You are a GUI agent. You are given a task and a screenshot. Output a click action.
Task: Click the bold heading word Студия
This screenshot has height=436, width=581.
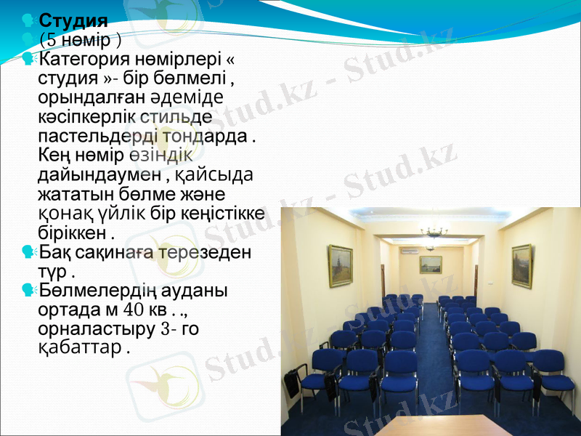[x=73, y=20]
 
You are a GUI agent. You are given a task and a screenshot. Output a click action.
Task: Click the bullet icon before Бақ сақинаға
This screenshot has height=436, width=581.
[x=28, y=251]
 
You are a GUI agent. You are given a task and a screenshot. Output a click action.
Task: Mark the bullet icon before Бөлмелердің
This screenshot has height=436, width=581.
[x=28, y=290]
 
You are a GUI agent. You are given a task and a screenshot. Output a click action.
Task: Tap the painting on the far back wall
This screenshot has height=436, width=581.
[x=430, y=264]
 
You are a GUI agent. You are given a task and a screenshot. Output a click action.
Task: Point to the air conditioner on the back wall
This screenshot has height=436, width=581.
[x=409, y=251]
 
